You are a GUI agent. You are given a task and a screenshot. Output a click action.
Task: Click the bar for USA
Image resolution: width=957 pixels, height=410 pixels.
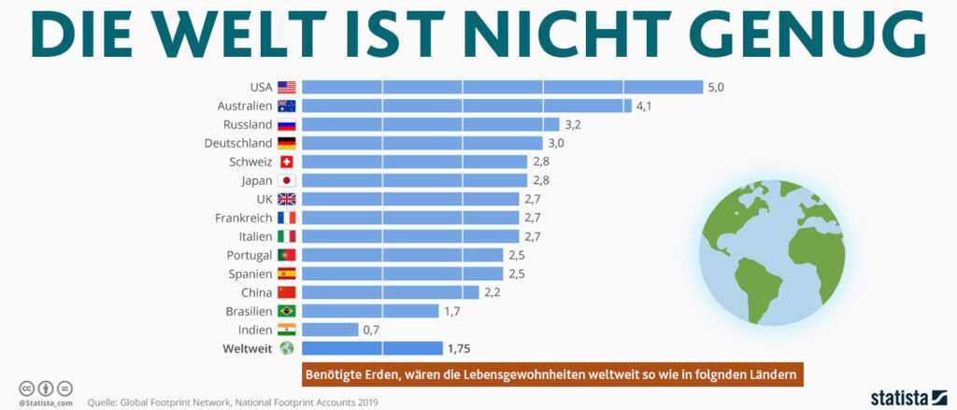click(x=502, y=87)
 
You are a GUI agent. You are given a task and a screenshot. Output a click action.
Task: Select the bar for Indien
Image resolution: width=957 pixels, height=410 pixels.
click(x=329, y=330)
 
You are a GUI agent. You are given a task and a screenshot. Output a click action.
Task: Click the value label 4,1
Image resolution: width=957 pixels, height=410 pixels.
click(x=645, y=106)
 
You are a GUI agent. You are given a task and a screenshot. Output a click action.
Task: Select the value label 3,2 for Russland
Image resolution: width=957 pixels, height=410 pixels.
click(x=572, y=124)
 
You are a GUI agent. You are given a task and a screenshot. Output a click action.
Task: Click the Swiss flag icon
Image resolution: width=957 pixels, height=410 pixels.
click(x=287, y=162)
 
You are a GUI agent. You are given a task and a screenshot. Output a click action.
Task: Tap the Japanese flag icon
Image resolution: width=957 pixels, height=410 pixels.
click(x=287, y=180)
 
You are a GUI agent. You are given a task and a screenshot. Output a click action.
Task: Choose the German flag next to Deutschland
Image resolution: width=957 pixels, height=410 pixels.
click(x=287, y=143)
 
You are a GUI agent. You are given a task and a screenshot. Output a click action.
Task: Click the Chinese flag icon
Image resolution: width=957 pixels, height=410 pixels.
click(x=287, y=292)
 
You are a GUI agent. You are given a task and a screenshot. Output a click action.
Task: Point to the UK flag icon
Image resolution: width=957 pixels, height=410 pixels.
click(x=287, y=199)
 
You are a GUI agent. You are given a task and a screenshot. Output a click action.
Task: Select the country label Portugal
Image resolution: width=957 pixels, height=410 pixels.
click(x=249, y=255)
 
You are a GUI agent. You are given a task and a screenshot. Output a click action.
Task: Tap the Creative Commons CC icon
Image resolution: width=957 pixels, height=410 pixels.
click(x=26, y=388)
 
